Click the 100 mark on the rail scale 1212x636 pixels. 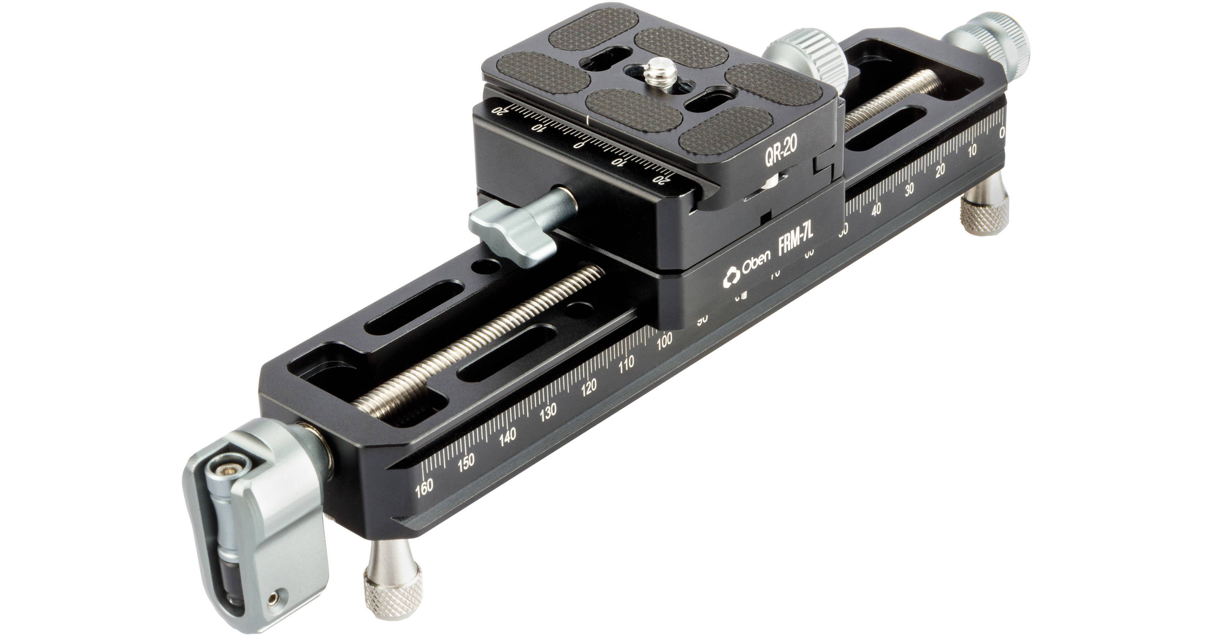(664, 339)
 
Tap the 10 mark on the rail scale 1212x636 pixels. (972, 149)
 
